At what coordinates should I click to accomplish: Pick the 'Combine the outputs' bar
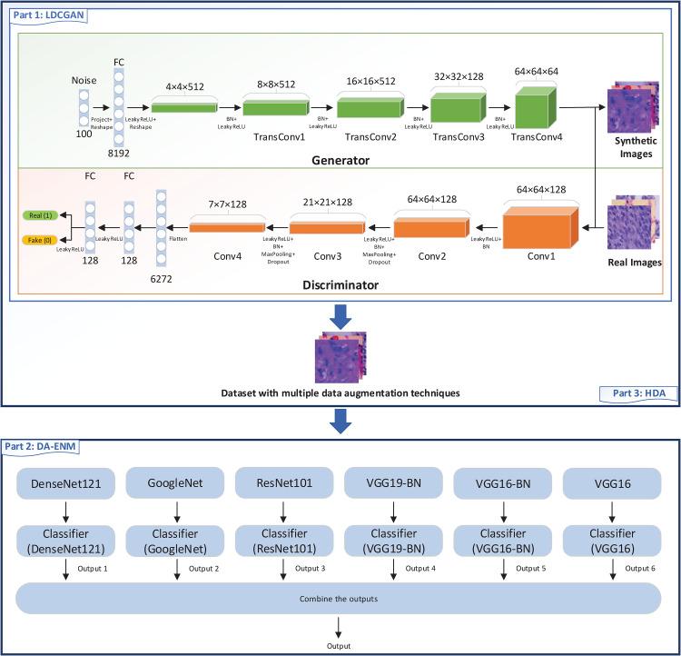coord(340,600)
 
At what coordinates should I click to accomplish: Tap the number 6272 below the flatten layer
coord(161,279)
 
